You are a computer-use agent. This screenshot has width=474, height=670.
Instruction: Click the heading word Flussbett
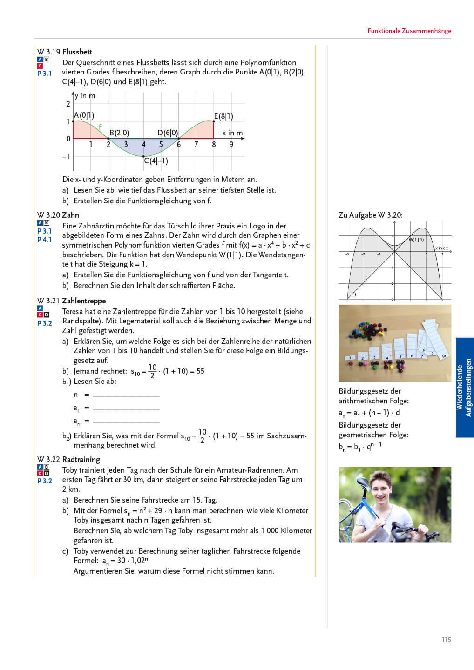pyautogui.click(x=77, y=52)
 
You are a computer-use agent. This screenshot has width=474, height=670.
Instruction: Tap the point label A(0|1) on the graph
pyautogui.click(x=84, y=115)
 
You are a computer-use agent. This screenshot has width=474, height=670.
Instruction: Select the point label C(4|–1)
pyautogui.click(x=156, y=161)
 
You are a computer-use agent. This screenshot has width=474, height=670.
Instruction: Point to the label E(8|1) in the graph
pyautogui.click(x=223, y=116)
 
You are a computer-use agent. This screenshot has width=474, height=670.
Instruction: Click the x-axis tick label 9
pyautogui.click(x=231, y=145)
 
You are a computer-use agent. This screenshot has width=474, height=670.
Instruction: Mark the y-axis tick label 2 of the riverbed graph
pyautogui.click(x=68, y=104)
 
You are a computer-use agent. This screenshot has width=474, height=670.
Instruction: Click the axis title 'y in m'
pyautogui.click(x=85, y=96)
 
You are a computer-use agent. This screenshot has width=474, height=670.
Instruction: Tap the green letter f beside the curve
pyautogui.click(x=100, y=127)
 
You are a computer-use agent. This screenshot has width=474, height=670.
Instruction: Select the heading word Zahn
pyautogui.click(x=70, y=215)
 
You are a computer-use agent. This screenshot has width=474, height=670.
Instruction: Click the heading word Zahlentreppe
pyautogui.click(x=84, y=301)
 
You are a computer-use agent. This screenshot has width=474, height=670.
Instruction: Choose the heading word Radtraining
pyautogui.click(x=81, y=459)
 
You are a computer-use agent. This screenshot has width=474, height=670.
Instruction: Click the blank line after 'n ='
pyautogui.click(x=126, y=395)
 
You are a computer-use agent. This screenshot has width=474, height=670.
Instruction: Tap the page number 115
pyautogui.click(x=446, y=640)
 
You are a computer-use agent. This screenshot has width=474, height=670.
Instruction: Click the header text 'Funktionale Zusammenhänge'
pyautogui.click(x=409, y=31)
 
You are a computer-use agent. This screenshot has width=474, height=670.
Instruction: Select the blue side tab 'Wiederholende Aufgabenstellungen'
pyautogui.click(x=464, y=387)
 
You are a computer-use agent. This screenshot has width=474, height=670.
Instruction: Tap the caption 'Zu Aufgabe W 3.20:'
pyautogui.click(x=370, y=215)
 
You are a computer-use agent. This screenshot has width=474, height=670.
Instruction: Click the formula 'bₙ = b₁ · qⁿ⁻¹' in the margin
pyautogui.click(x=360, y=447)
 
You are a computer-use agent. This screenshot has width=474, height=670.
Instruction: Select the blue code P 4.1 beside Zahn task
pyautogui.click(x=44, y=240)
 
